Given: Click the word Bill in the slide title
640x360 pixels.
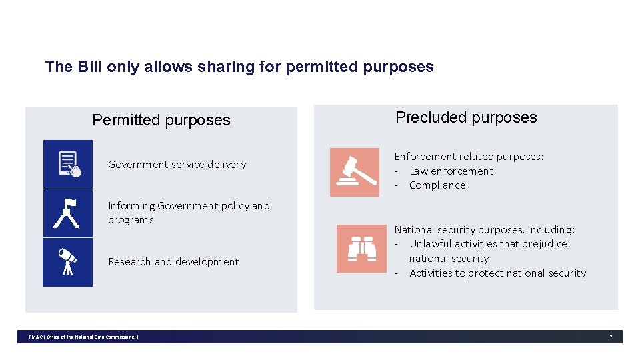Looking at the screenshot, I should pos(90,67).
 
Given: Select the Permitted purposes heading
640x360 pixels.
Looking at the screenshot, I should pos(161,120).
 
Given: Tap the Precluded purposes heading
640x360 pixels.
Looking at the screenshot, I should pos(466,117).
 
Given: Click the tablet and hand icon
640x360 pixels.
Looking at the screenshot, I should pos(68,164).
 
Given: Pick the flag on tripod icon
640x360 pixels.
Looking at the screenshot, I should pos(67,213).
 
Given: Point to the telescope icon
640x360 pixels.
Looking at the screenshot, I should pos(67,262).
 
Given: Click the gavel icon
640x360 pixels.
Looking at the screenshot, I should pos(354,172).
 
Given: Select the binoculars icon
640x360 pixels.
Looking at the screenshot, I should pos(361,249).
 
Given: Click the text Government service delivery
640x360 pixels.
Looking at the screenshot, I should pos(177,165).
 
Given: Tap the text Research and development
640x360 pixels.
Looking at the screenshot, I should pos(173,262).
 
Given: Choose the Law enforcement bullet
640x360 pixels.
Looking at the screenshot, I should pos(451,171).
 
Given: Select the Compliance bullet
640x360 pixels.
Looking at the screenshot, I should pos(437,185).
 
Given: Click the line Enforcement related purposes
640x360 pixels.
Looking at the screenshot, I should pos(469,157).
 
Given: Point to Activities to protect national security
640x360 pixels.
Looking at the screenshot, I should pos(497,273).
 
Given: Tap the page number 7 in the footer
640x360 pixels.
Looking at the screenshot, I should pos(610,337).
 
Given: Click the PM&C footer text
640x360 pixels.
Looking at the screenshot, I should pos(83,337).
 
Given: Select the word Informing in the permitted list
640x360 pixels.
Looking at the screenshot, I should pos(131,206).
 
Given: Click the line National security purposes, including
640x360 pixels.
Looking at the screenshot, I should pos(484,230).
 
